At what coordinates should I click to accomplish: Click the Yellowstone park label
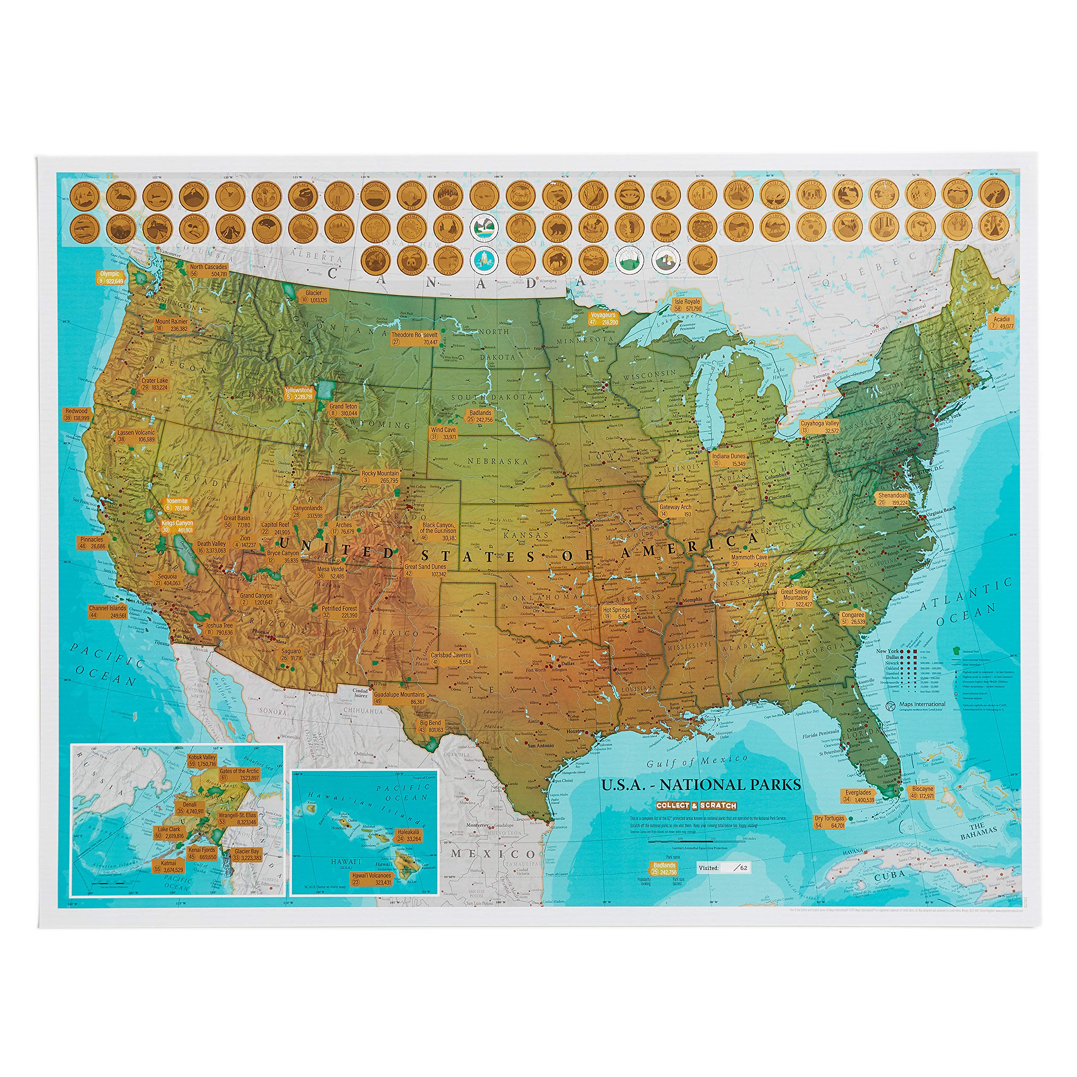coord(299,393)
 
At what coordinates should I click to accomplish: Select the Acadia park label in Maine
coord(1001,323)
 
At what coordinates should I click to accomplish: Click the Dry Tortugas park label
coord(830,822)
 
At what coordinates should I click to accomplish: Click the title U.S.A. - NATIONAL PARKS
coord(701,785)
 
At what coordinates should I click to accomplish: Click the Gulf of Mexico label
coord(697,760)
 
